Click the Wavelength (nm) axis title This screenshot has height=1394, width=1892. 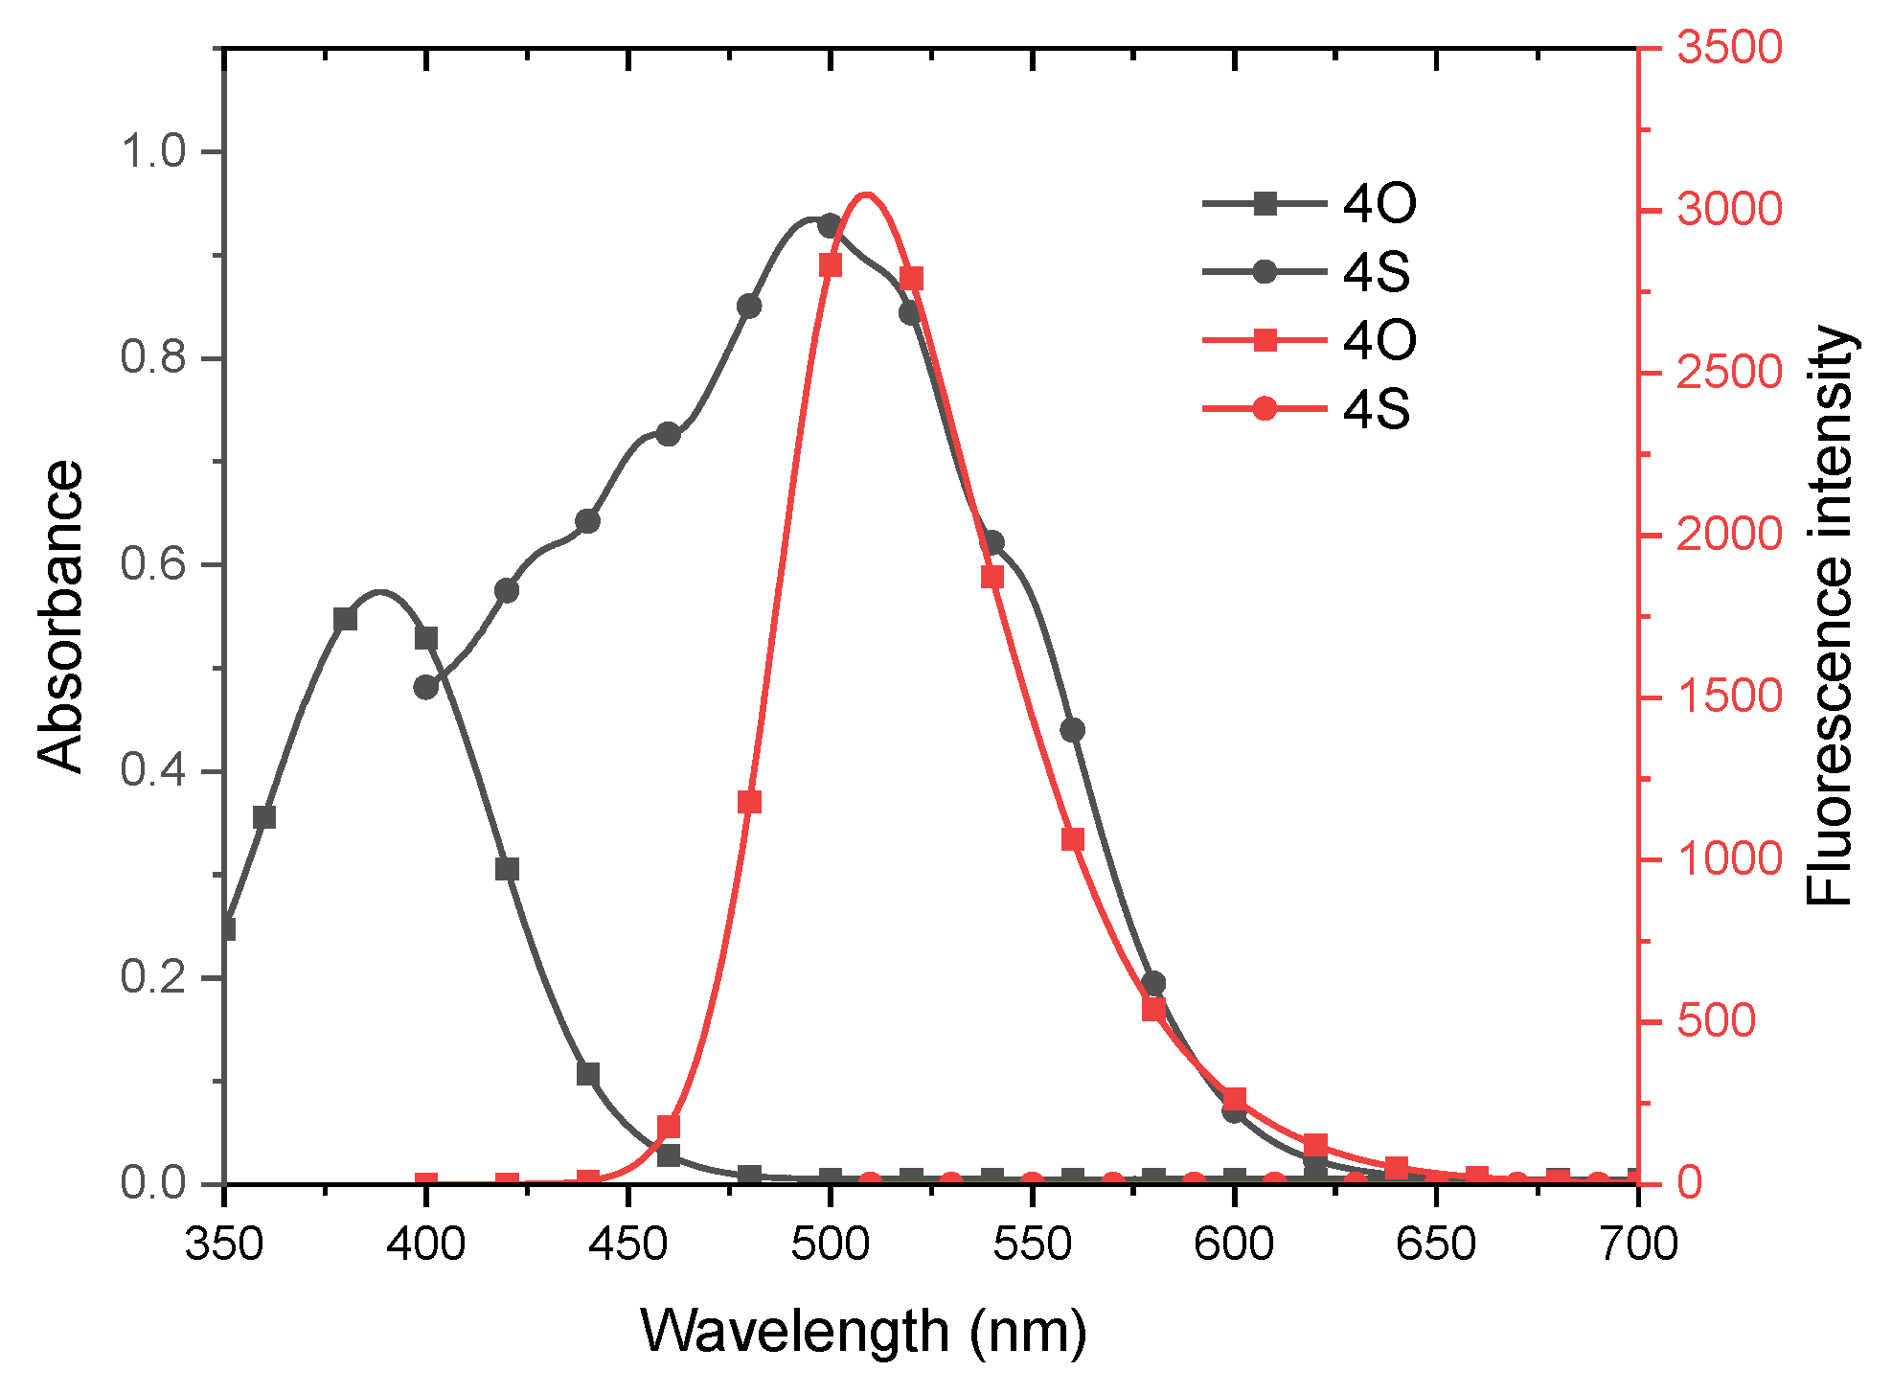point(863,1332)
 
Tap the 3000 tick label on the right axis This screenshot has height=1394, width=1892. point(1729,210)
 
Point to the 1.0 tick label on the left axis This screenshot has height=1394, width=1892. point(153,151)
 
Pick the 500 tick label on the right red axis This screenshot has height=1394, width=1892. point(1715,1021)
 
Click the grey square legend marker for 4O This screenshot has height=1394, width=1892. point(1265,203)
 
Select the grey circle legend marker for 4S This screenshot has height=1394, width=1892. point(1265,272)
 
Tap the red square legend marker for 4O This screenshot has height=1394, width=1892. point(1265,340)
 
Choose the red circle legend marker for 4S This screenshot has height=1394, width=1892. point(1265,409)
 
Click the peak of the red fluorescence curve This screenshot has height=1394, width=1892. point(866,194)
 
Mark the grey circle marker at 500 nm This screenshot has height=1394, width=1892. point(831,226)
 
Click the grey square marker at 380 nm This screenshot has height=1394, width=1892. point(345,619)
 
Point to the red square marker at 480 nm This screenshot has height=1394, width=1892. point(749,802)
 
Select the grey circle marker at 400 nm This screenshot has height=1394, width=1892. point(426,687)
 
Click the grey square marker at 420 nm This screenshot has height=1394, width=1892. point(507,869)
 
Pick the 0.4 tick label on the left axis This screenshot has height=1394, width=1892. point(153,771)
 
